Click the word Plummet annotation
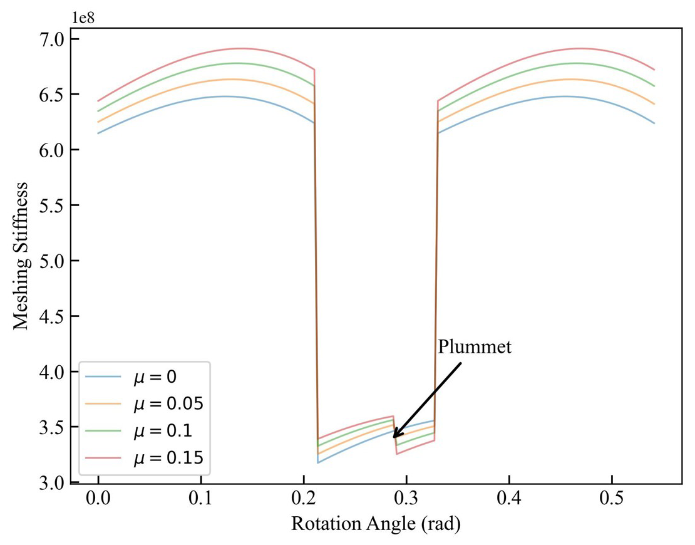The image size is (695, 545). [475, 347]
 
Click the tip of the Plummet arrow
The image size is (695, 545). [394, 437]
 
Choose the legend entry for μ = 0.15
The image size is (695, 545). [168, 459]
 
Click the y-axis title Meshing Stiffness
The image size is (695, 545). [21, 256]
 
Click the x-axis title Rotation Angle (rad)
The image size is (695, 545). [376, 524]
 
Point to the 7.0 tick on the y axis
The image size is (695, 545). [52, 39]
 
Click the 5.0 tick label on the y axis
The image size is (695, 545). [52, 261]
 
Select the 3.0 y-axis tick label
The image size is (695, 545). [52, 483]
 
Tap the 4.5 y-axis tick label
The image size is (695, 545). [52, 316]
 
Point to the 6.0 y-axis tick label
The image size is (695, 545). [52, 150]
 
